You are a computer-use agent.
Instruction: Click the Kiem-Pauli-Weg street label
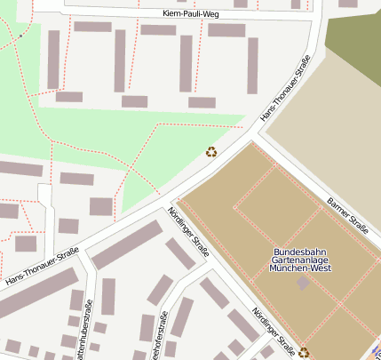coord(191,15)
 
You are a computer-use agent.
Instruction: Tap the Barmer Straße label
coord(347,216)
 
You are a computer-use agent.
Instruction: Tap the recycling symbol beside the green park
coord(211,151)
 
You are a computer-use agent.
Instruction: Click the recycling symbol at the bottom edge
coord(304,352)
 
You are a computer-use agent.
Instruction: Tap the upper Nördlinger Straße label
coord(188,232)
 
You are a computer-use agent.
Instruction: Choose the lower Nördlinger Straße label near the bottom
coord(273,327)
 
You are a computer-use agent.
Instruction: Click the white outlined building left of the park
coord(45,195)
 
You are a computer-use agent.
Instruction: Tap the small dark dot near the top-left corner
coord(20,36)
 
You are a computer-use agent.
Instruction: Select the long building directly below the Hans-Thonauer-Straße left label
coord(36,294)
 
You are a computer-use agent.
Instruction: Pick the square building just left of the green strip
coord(101,206)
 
